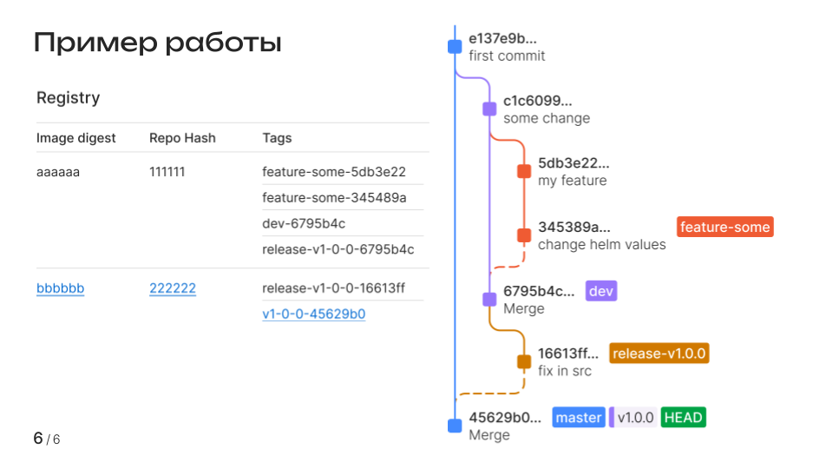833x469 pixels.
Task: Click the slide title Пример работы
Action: (x=157, y=42)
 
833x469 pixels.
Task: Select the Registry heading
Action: (x=68, y=98)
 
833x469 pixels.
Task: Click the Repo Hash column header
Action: (x=182, y=138)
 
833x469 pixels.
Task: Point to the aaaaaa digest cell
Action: (x=58, y=172)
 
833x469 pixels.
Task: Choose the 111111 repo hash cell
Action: (x=167, y=172)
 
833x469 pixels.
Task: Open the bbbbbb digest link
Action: (x=60, y=288)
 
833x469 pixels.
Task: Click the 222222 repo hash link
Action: (x=173, y=288)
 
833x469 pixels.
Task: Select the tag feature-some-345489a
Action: (x=334, y=197)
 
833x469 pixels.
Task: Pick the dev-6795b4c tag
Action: (x=304, y=223)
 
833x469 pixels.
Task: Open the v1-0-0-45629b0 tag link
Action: (x=313, y=314)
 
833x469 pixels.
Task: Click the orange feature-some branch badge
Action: (x=725, y=228)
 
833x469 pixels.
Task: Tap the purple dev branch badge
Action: (x=601, y=291)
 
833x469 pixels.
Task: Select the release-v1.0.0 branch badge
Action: (x=659, y=353)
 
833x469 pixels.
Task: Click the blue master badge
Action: (x=579, y=418)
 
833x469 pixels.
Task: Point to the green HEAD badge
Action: (x=683, y=418)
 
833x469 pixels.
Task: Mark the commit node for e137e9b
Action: (x=455, y=47)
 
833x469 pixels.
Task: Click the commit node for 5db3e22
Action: (x=524, y=172)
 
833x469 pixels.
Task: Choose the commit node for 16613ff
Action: (x=524, y=362)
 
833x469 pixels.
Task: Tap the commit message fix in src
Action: (x=565, y=371)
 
